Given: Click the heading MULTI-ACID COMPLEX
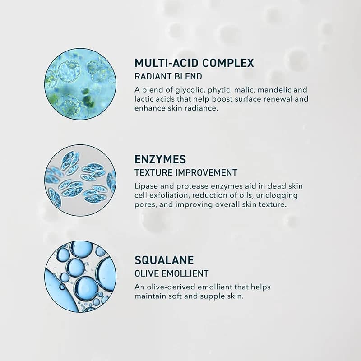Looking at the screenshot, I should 194,63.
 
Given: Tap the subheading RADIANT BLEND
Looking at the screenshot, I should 168,77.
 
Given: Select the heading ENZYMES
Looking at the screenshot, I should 160,159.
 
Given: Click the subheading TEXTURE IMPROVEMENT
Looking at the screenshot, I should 186,172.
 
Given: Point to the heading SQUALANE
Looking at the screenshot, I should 164,260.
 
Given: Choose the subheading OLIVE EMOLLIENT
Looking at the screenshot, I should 171,273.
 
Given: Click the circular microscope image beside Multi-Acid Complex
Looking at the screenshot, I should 80,84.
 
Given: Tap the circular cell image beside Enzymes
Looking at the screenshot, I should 80,180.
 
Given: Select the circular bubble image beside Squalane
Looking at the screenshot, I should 80,276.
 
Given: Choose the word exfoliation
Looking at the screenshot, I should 173,195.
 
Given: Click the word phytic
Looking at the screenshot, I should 219,90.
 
